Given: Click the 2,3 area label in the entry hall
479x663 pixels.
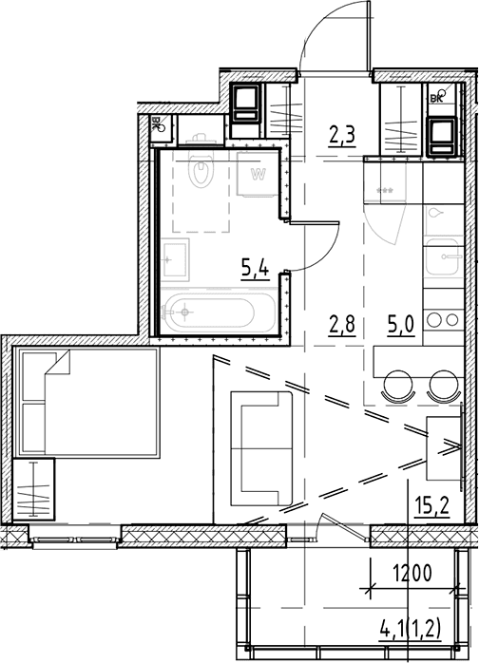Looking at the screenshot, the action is coord(341,135).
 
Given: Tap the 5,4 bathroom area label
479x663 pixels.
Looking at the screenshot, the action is coord(255,268).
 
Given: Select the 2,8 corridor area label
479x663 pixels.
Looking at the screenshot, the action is coord(341,325).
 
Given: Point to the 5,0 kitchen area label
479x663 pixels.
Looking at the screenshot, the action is coord(400,325).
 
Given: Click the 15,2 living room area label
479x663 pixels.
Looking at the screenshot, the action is coord(431,505).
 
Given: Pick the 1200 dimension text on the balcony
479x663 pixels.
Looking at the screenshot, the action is coord(412,574).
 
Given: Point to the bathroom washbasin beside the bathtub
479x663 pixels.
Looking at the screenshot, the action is coord(175,259).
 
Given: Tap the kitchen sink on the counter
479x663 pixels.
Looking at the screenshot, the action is coord(442,256).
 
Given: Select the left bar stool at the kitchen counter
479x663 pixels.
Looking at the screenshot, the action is coord(398,386).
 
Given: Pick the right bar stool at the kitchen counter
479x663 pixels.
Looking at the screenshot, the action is coord(444,386).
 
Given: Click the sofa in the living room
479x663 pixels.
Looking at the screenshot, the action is coord(261,448).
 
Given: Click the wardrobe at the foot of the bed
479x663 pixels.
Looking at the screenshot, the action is coord(34,489).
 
